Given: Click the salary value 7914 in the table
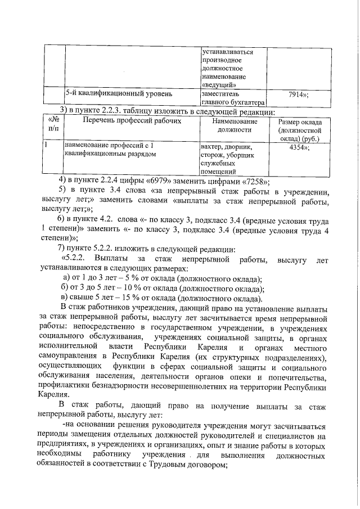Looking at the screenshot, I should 296,94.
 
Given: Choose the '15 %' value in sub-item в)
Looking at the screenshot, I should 142,299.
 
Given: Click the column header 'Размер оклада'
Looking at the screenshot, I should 300,122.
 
